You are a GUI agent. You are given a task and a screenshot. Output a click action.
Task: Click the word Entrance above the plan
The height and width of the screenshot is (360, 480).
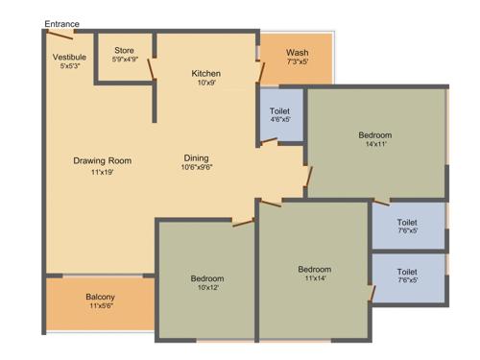click(x=61, y=23)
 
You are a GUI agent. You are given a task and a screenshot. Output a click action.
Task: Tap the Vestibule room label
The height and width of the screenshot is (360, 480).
click(x=69, y=57)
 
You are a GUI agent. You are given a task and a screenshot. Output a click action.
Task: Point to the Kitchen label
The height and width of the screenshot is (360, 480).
click(x=205, y=74)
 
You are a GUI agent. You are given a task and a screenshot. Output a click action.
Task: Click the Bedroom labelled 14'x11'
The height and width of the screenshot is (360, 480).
click(x=374, y=135)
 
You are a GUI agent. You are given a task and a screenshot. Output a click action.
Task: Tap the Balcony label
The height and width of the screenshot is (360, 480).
click(x=101, y=298)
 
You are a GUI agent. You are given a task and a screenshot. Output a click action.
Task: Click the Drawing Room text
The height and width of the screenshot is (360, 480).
click(x=102, y=160)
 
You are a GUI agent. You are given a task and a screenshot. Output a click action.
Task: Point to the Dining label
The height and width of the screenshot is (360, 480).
click(x=197, y=157)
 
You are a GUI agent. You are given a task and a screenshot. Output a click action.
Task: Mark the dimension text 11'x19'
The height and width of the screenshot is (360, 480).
click(x=102, y=172)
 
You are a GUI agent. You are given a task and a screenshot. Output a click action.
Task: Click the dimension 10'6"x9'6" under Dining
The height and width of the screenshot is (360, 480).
click(x=197, y=168)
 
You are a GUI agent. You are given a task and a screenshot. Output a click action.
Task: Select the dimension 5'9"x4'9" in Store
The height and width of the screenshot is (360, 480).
click(x=125, y=60)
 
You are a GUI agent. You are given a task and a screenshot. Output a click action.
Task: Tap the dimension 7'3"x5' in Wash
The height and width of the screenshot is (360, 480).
click(x=297, y=62)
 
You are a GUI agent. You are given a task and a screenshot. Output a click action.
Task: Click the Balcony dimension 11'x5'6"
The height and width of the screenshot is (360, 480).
click(x=101, y=307)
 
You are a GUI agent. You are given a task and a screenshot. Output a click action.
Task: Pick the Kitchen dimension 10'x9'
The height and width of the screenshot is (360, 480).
click(x=205, y=84)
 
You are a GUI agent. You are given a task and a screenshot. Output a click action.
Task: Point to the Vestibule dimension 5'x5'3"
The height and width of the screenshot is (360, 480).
click(x=69, y=66)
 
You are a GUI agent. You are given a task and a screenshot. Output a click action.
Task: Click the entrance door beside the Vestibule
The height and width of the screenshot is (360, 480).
click(x=60, y=35)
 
